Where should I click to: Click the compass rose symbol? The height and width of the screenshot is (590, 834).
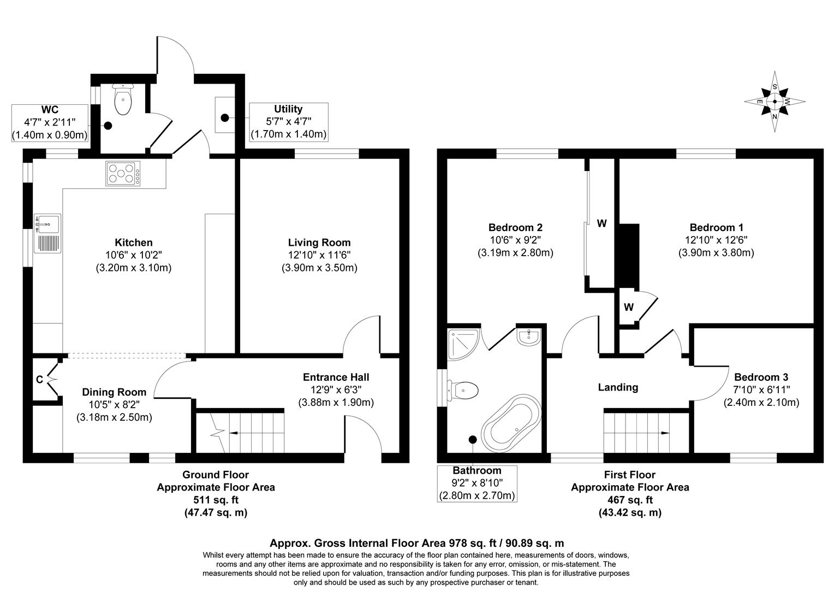coord(775,102)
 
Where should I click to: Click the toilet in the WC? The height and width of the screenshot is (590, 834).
coord(122,101)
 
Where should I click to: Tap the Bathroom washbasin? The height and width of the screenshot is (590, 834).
coord(528,337)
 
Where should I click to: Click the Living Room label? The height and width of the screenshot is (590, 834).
coord(319,243)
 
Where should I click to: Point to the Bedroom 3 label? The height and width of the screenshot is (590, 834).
coord(761,377)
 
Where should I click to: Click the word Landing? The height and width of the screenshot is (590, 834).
coord(618,387)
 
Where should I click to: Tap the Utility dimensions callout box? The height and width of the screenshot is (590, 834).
coord(289,121)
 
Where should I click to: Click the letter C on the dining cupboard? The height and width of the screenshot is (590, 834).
coord(39,380)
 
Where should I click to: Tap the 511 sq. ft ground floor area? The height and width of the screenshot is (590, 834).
coord(216,499)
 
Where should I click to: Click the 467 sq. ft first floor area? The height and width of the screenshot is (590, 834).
coord(630,499)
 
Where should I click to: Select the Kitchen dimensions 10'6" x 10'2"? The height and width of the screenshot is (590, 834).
coord(134,255)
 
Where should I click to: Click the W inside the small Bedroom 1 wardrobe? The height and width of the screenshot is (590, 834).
coord(628,308)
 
